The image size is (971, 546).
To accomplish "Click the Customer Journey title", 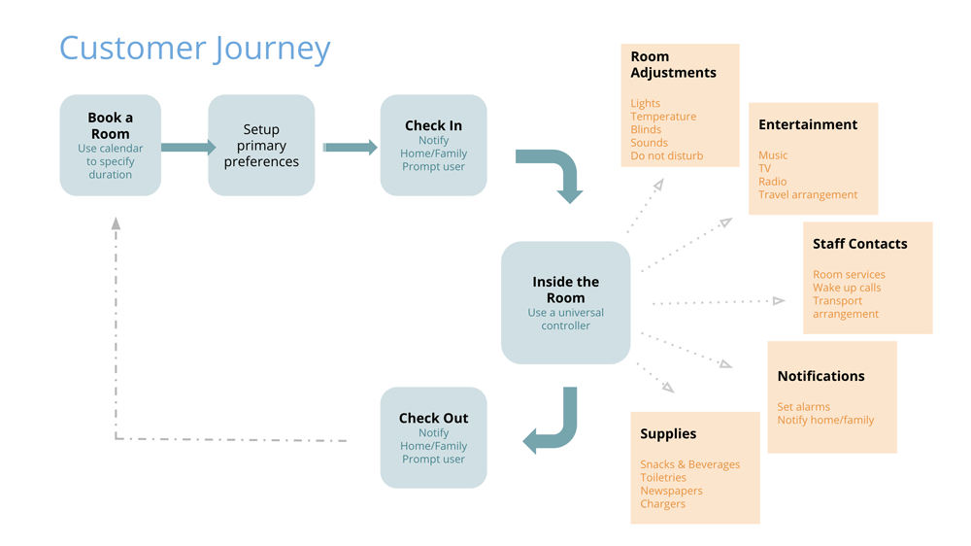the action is click(194, 49).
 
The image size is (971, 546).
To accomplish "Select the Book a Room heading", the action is click(111, 125).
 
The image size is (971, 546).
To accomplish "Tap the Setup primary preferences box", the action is click(261, 145).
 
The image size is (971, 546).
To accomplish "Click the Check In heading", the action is click(433, 125).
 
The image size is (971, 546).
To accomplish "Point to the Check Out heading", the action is click(433, 418).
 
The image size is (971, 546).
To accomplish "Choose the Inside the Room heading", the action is click(565, 290).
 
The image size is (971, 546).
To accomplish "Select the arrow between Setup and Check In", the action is click(350, 147).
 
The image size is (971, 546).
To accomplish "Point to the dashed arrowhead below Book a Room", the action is click(116, 223).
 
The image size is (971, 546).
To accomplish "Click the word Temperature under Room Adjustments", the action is click(663, 117).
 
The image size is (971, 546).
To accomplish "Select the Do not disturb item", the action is click(667, 155).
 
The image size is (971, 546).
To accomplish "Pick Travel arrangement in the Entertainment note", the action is click(808, 194).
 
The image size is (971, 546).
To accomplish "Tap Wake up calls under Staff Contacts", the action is click(847, 288).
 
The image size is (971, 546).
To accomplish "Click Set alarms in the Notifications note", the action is click(803, 406).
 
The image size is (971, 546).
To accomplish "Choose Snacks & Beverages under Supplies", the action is click(689, 464).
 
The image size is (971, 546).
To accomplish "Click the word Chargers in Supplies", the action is click(662, 504).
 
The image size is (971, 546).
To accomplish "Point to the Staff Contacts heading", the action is click(859, 244).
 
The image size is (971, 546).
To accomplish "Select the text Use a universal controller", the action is click(565, 320).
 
